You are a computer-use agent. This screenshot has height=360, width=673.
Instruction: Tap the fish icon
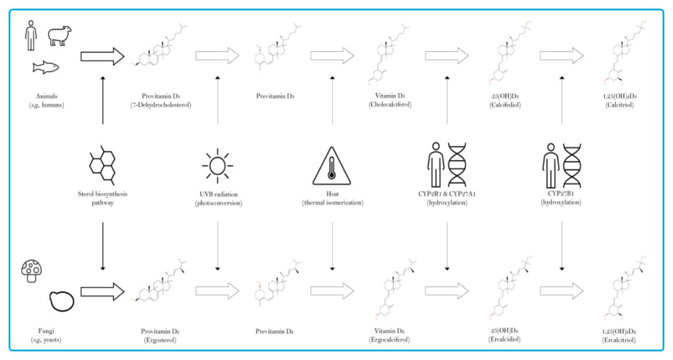coord(46,67)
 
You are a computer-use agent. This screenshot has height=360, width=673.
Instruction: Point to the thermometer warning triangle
coord(332,166)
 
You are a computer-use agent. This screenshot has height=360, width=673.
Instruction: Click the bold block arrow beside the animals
coord(103,56)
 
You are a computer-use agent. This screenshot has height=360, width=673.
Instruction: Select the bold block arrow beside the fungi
coord(103,292)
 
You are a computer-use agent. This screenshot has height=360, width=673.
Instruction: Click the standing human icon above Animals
coord(29,35)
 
